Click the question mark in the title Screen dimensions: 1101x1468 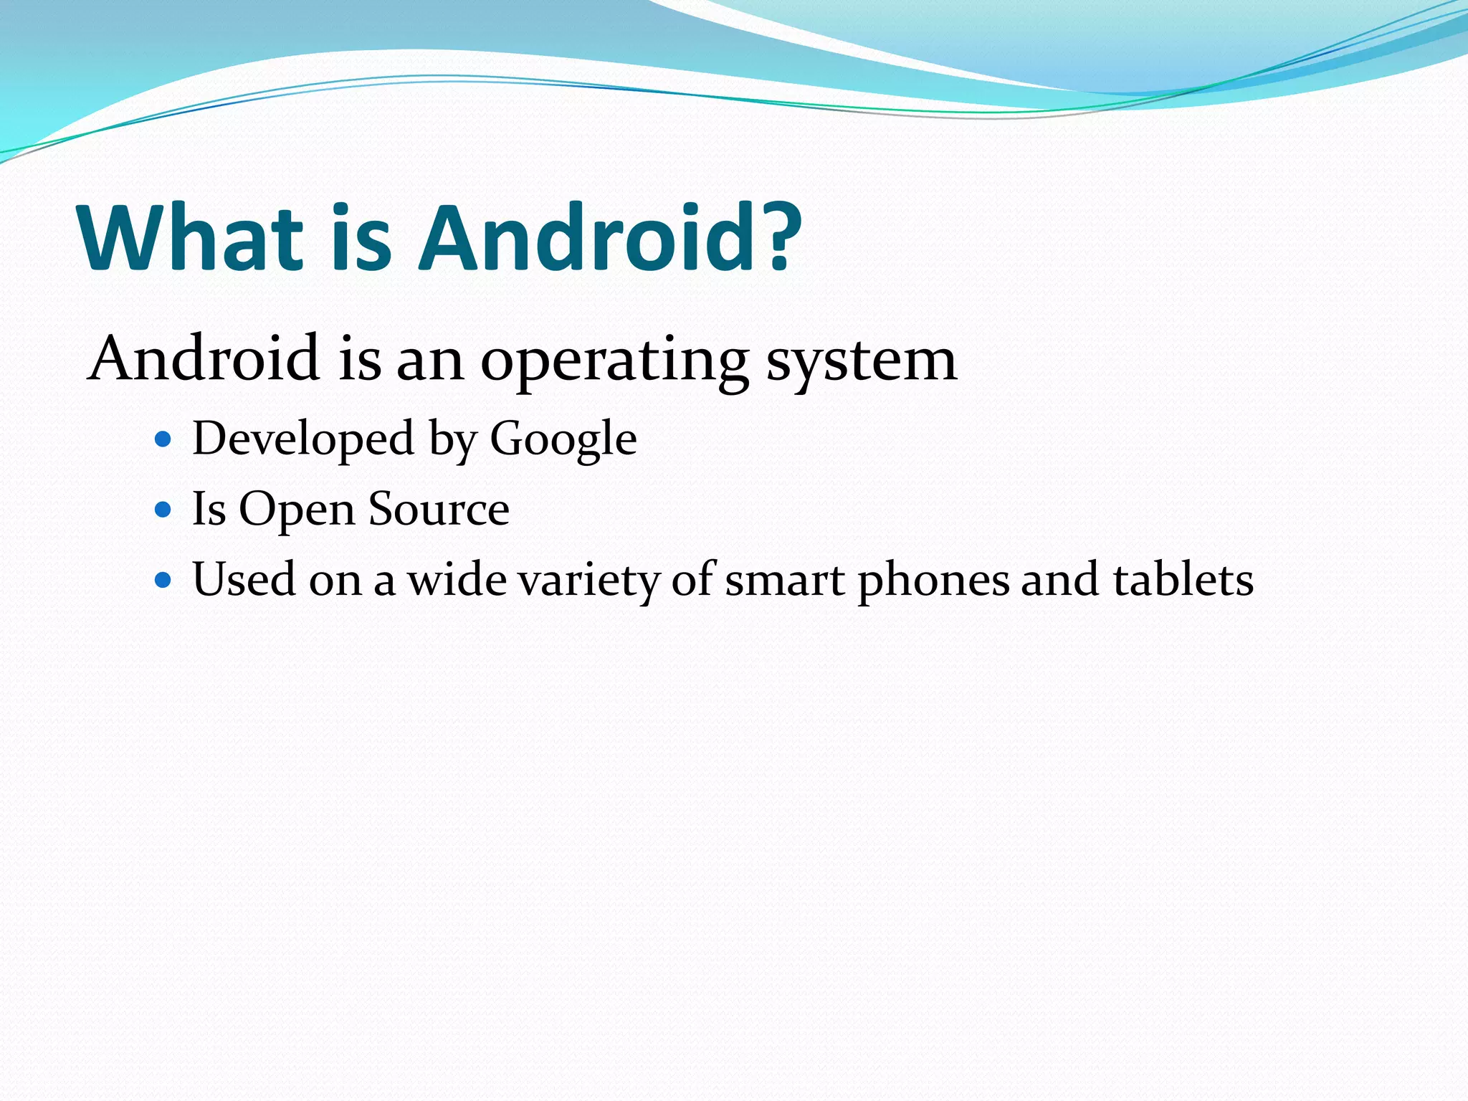777,238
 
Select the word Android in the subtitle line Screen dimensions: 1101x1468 204,358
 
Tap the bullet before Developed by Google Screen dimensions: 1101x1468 163,439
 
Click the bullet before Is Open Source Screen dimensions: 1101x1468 163,510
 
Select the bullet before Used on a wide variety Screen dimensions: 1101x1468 163,579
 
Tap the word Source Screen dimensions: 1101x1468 439,509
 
